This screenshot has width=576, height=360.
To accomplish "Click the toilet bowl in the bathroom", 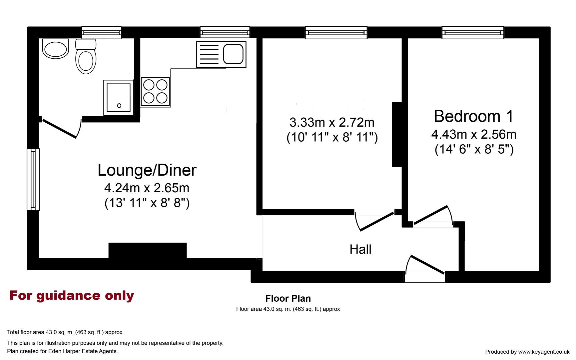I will pyautogui.click(x=86, y=62).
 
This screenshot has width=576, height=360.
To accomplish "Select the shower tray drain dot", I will pyautogui.click(x=119, y=106).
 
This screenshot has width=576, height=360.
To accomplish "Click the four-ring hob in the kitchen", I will pyautogui.click(x=155, y=92).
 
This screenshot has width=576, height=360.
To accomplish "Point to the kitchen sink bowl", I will pyautogui.click(x=233, y=54).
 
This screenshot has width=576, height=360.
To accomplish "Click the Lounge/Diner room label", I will pyautogui.click(x=147, y=170).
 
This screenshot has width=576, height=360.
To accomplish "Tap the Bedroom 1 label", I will pyautogui.click(x=473, y=116).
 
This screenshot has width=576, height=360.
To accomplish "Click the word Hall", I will pyautogui.click(x=360, y=249).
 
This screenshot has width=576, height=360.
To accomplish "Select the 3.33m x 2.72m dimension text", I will pyautogui.click(x=332, y=123).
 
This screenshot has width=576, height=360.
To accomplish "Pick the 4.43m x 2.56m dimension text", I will pyautogui.click(x=474, y=134).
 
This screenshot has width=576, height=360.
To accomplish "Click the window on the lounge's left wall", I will pyautogui.click(x=33, y=179).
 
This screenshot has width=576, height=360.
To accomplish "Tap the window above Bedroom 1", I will pyautogui.click(x=473, y=33).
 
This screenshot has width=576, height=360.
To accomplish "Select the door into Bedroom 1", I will pyautogui.click(x=432, y=215).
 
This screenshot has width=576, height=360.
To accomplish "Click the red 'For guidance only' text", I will pyautogui.click(x=72, y=295).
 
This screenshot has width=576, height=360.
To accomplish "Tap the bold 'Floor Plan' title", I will pyautogui.click(x=288, y=298).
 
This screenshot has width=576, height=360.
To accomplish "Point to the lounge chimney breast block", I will pyautogui.click(x=147, y=250).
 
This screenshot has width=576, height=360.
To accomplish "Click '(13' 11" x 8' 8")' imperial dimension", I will pyautogui.click(x=147, y=203).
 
